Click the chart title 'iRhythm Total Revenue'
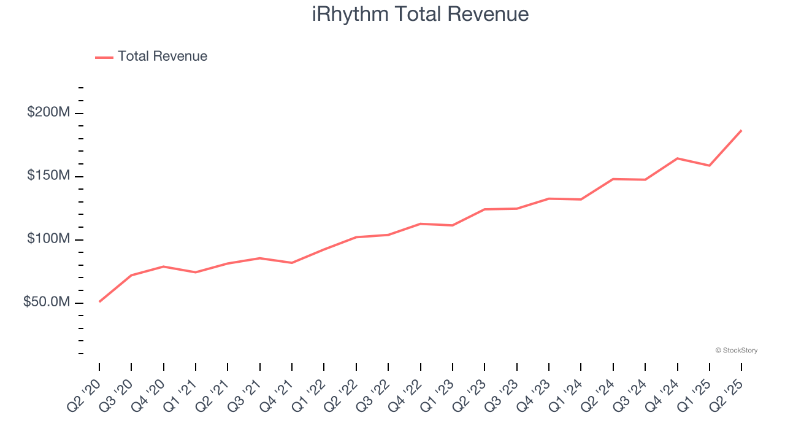coord(420,14)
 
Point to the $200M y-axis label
coord(48,113)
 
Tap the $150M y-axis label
coord(48,176)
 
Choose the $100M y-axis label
coord(48,239)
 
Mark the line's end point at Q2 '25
coord(741,130)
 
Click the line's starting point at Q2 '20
coord(99,301)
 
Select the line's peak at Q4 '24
coord(677,158)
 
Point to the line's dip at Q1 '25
coord(710,166)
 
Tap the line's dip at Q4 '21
coord(292,263)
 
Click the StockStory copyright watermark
coord(736,351)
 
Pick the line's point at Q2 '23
coord(484,209)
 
